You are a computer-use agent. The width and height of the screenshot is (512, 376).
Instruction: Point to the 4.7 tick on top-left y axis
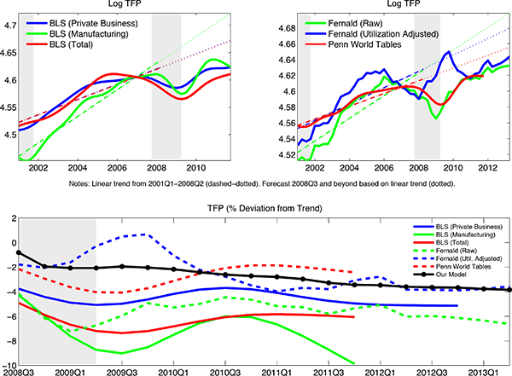point(10,27)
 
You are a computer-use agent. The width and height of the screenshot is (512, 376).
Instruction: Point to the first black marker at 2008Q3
point(19,252)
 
